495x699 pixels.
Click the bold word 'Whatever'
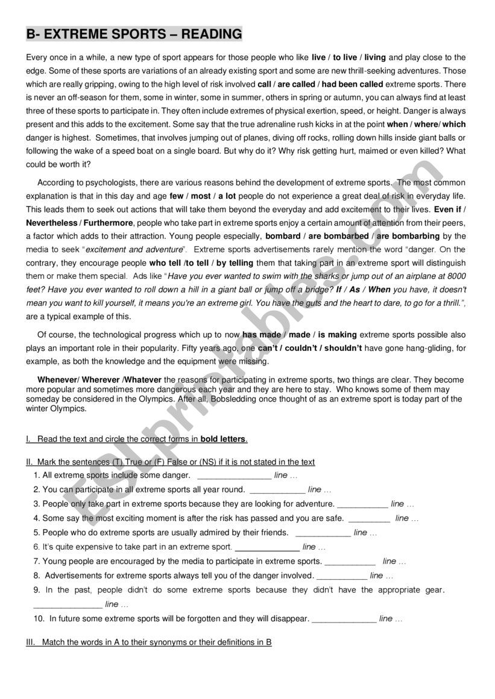142,380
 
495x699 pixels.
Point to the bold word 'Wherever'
101,380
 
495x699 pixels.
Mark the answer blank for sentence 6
266,548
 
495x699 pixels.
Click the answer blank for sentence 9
68,604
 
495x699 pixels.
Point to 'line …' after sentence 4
406,518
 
